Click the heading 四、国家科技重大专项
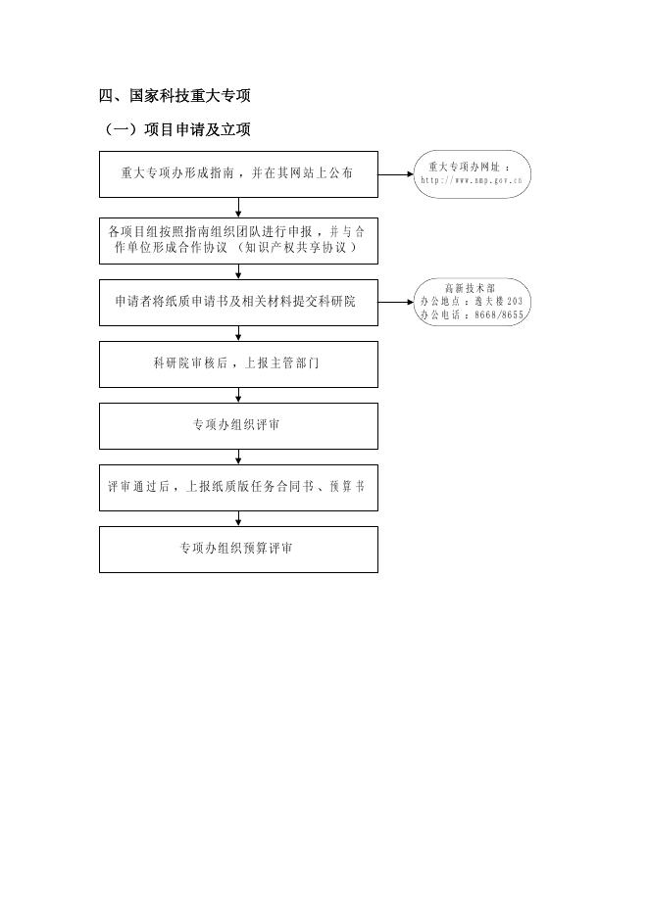pyautogui.click(x=175, y=95)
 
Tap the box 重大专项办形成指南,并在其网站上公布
pyautogui.click(x=238, y=173)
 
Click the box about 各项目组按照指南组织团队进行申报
pyautogui.click(x=238, y=240)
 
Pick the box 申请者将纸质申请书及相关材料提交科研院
pyautogui.click(x=238, y=302)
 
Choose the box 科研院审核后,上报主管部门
pyautogui.click(x=238, y=363)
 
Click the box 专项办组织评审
pyautogui.click(x=238, y=425)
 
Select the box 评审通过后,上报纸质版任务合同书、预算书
pyautogui.click(x=238, y=487)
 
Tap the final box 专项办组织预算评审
pyautogui.click(x=238, y=549)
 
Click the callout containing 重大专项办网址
pyautogui.click(x=472, y=174)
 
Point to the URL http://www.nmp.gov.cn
pyautogui.click(x=472, y=180)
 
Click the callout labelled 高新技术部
pyautogui.click(x=472, y=302)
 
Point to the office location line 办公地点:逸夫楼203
pyautogui.click(x=472, y=302)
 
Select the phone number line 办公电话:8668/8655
pyautogui.click(x=472, y=314)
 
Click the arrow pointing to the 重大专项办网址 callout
pyautogui.click(x=395, y=174)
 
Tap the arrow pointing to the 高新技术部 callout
pyautogui.click(x=395, y=302)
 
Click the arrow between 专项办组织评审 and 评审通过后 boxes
pyautogui.click(x=238, y=456)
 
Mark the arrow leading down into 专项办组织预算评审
pyautogui.click(x=238, y=517)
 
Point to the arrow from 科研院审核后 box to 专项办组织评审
pyautogui.click(x=238, y=394)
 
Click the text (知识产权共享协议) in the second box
pyautogui.click(x=294, y=249)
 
